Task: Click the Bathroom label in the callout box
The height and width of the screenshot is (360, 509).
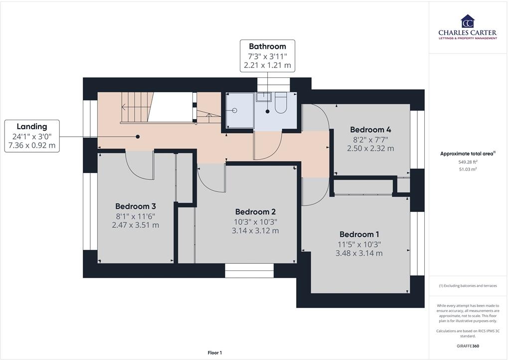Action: click(x=267, y=47)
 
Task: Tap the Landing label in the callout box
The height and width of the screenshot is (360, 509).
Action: click(x=32, y=127)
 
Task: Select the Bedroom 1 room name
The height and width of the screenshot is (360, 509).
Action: click(x=359, y=234)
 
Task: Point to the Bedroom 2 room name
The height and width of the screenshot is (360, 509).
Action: click(x=255, y=211)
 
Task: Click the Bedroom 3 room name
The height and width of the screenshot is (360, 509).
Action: click(x=136, y=206)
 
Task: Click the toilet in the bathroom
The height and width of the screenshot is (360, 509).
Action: click(x=281, y=103)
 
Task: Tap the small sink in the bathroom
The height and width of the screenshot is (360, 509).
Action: click(x=264, y=97)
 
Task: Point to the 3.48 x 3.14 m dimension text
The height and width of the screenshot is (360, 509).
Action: click(x=359, y=253)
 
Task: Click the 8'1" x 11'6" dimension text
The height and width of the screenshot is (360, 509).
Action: click(x=136, y=216)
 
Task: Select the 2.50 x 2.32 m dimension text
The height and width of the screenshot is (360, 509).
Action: click(x=370, y=148)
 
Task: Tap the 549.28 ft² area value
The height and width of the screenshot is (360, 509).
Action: click(x=467, y=162)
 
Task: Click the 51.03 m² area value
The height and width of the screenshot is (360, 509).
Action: click(x=467, y=170)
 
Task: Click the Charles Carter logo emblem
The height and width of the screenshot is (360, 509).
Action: click(x=467, y=22)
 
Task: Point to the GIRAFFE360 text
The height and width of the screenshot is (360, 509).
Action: click(x=467, y=346)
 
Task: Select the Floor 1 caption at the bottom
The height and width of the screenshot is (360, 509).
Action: click(x=215, y=353)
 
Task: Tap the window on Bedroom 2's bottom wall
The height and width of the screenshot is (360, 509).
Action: click(x=249, y=270)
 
